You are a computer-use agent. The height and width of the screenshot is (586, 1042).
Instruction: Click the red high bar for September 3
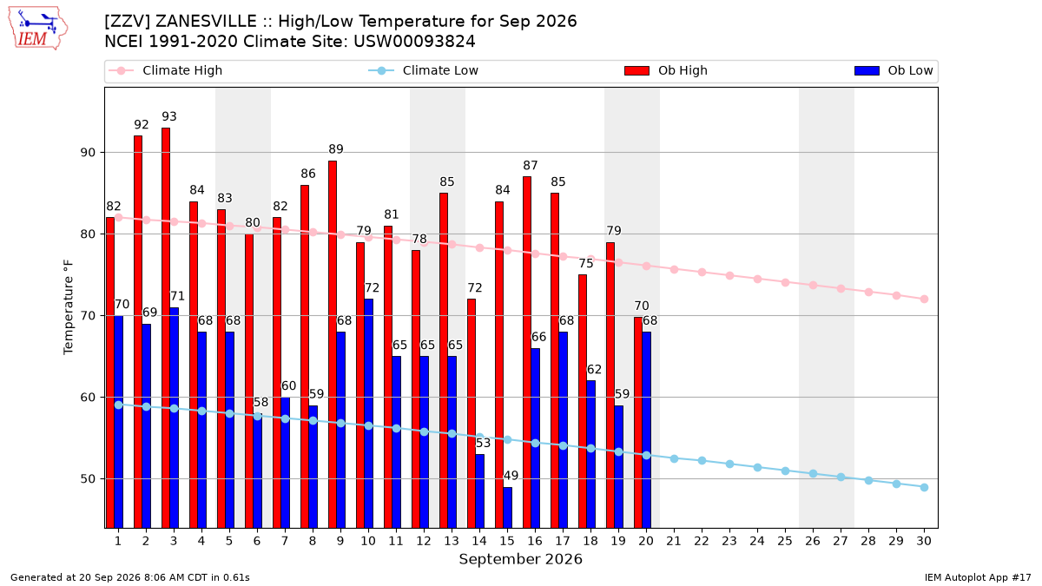(x=166, y=328)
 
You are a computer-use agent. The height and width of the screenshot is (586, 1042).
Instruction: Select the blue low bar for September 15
(x=507, y=507)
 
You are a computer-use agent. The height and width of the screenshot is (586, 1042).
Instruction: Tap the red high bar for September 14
(x=472, y=413)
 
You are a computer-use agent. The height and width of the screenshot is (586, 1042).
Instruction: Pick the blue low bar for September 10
(x=368, y=413)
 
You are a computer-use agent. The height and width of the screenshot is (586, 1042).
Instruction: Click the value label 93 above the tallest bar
(x=168, y=116)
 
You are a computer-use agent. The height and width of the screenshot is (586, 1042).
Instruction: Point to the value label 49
(x=511, y=476)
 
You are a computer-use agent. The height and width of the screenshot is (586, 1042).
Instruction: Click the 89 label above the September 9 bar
(x=336, y=149)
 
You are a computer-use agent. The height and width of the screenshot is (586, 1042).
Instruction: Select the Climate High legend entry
(x=166, y=70)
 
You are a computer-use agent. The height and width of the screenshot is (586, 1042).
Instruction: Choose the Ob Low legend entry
(x=894, y=70)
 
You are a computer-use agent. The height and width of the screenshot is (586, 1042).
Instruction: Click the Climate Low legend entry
(x=424, y=70)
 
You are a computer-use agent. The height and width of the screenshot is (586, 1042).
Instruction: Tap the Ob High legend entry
(x=666, y=70)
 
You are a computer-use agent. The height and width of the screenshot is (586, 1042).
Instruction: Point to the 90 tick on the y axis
(x=88, y=153)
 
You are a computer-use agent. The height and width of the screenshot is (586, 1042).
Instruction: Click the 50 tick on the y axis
(x=88, y=479)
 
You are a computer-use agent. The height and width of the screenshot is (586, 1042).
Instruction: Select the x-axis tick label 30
(x=924, y=541)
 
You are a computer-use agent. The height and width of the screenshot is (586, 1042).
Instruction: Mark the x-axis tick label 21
(x=674, y=541)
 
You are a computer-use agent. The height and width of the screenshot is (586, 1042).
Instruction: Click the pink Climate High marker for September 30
(x=924, y=299)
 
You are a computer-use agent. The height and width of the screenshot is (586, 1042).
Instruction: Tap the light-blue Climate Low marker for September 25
(x=785, y=471)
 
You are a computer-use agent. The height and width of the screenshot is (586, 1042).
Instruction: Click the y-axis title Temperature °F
(x=69, y=307)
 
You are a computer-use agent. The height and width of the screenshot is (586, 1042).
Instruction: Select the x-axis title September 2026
(x=520, y=559)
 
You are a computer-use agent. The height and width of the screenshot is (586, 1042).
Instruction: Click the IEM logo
(x=38, y=28)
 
